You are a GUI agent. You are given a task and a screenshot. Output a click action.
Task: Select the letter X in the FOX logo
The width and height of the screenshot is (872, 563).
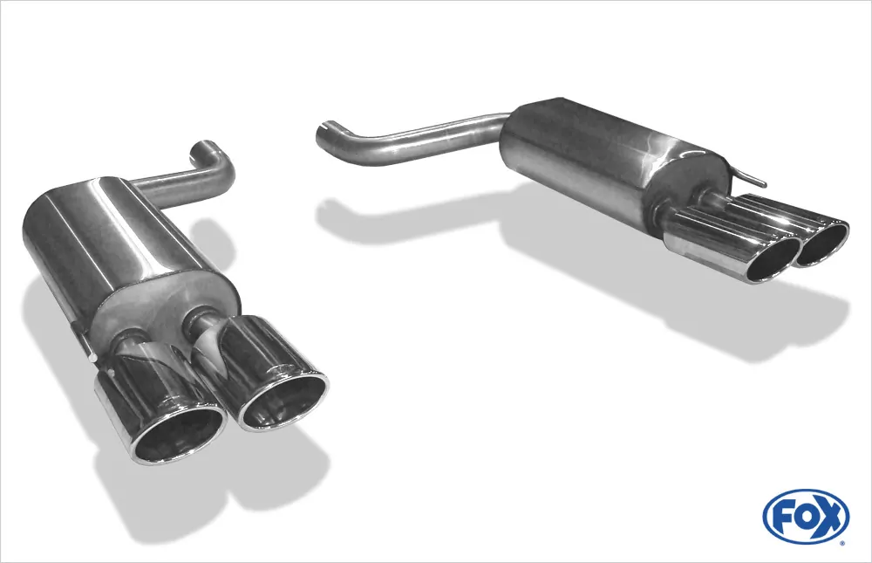[x=829, y=518]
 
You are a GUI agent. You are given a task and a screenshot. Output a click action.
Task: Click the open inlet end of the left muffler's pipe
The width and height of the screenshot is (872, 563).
[x=203, y=147]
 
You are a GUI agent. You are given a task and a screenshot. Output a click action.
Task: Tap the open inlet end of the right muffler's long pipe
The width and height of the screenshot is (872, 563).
[x=324, y=134]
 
